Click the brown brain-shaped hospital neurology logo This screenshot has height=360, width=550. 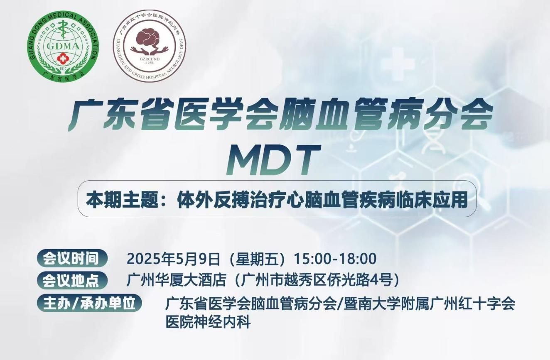[150, 46]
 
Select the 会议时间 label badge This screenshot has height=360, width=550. [72, 258]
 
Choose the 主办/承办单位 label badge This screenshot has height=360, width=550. [90, 303]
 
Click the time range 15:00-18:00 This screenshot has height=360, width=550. [335, 259]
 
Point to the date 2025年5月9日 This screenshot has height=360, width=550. [173, 259]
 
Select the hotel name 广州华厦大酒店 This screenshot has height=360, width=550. [176, 281]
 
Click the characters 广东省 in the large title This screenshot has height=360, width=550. [120, 115]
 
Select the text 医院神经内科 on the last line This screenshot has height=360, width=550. [208, 322]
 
